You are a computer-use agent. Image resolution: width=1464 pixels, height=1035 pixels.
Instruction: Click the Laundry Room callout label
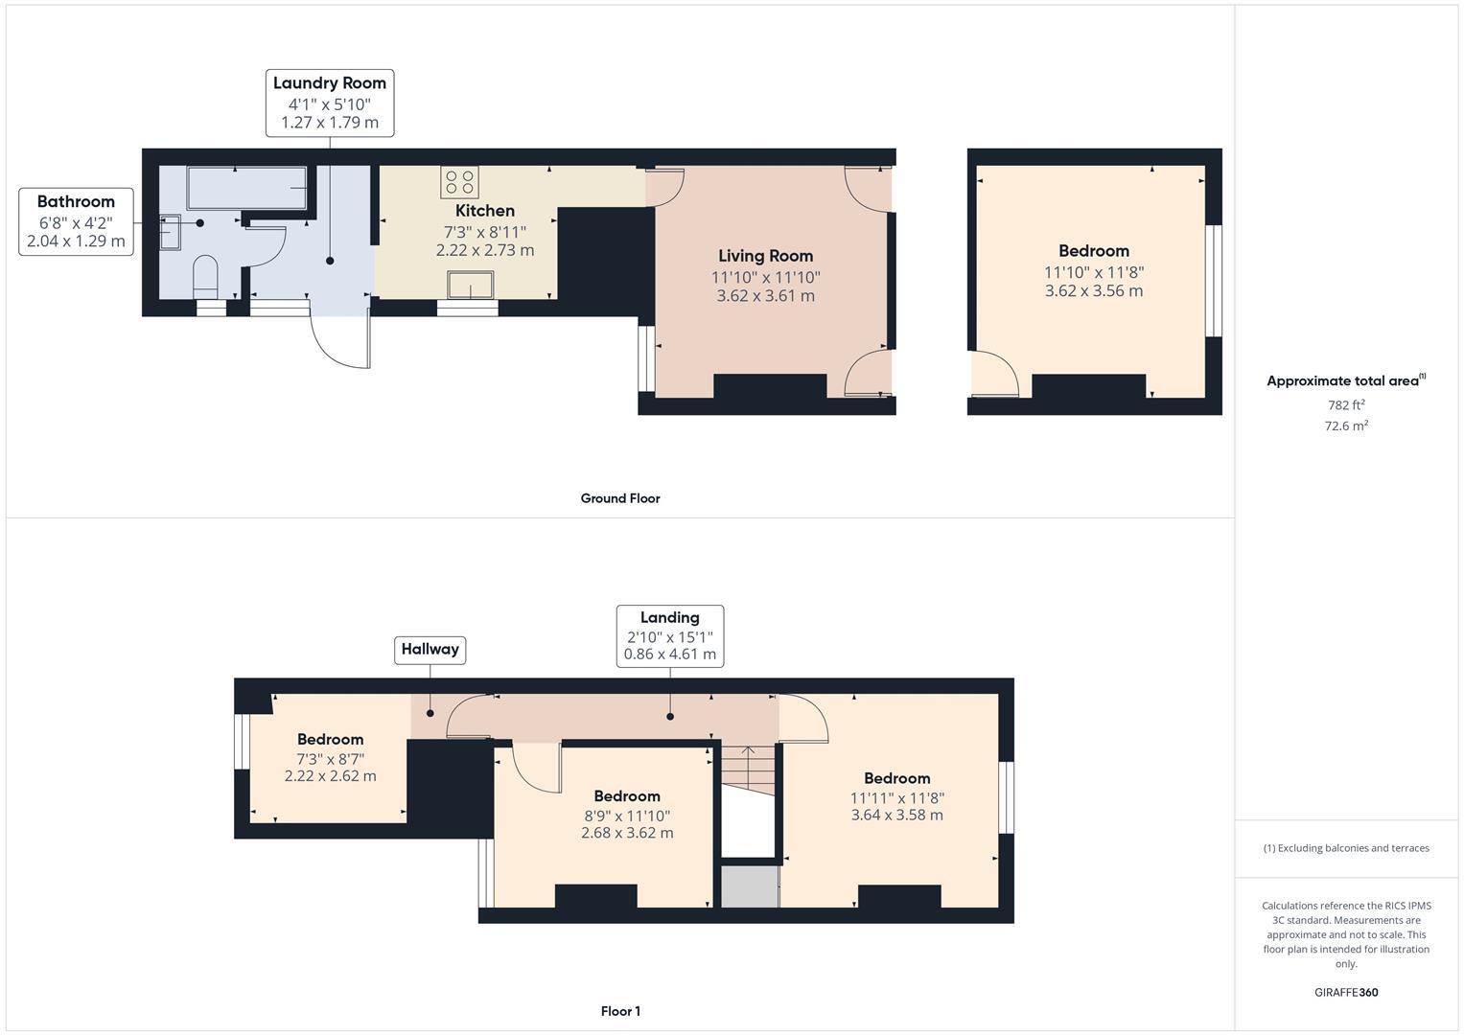tap(329, 103)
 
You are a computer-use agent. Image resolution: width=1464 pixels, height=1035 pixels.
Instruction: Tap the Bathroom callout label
tap(76, 221)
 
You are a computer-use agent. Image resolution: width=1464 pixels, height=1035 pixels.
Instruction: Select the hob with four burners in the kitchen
tap(459, 182)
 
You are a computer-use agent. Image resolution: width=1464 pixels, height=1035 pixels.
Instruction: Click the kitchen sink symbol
tap(470, 286)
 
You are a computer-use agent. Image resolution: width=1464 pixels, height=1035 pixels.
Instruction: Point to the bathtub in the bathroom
tap(246, 188)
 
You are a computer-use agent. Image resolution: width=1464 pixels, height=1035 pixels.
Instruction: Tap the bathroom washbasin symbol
tap(170, 232)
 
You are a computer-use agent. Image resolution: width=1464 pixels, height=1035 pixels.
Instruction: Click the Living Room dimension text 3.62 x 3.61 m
tap(765, 296)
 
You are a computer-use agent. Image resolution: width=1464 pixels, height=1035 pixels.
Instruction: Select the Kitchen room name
tap(484, 211)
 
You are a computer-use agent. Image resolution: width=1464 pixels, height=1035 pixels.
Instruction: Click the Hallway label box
tap(430, 650)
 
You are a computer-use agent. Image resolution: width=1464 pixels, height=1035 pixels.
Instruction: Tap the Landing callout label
tap(669, 635)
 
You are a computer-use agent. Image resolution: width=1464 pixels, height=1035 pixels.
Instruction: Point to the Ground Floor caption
tap(620, 498)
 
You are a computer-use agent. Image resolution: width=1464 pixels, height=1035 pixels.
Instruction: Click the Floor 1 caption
tap(620, 1011)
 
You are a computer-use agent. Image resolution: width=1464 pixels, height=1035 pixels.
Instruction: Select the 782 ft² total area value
tap(1346, 405)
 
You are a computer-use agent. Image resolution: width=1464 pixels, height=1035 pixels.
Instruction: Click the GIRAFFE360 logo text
tap(1345, 992)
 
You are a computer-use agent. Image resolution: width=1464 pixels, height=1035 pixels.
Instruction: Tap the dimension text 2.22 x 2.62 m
tap(330, 776)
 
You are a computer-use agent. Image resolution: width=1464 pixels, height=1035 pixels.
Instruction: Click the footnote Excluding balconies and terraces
tap(1346, 848)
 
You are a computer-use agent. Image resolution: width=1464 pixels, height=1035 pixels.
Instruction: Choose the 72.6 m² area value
tap(1346, 426)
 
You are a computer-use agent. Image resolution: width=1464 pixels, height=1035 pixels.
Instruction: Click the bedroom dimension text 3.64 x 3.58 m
tap(896, 816)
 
